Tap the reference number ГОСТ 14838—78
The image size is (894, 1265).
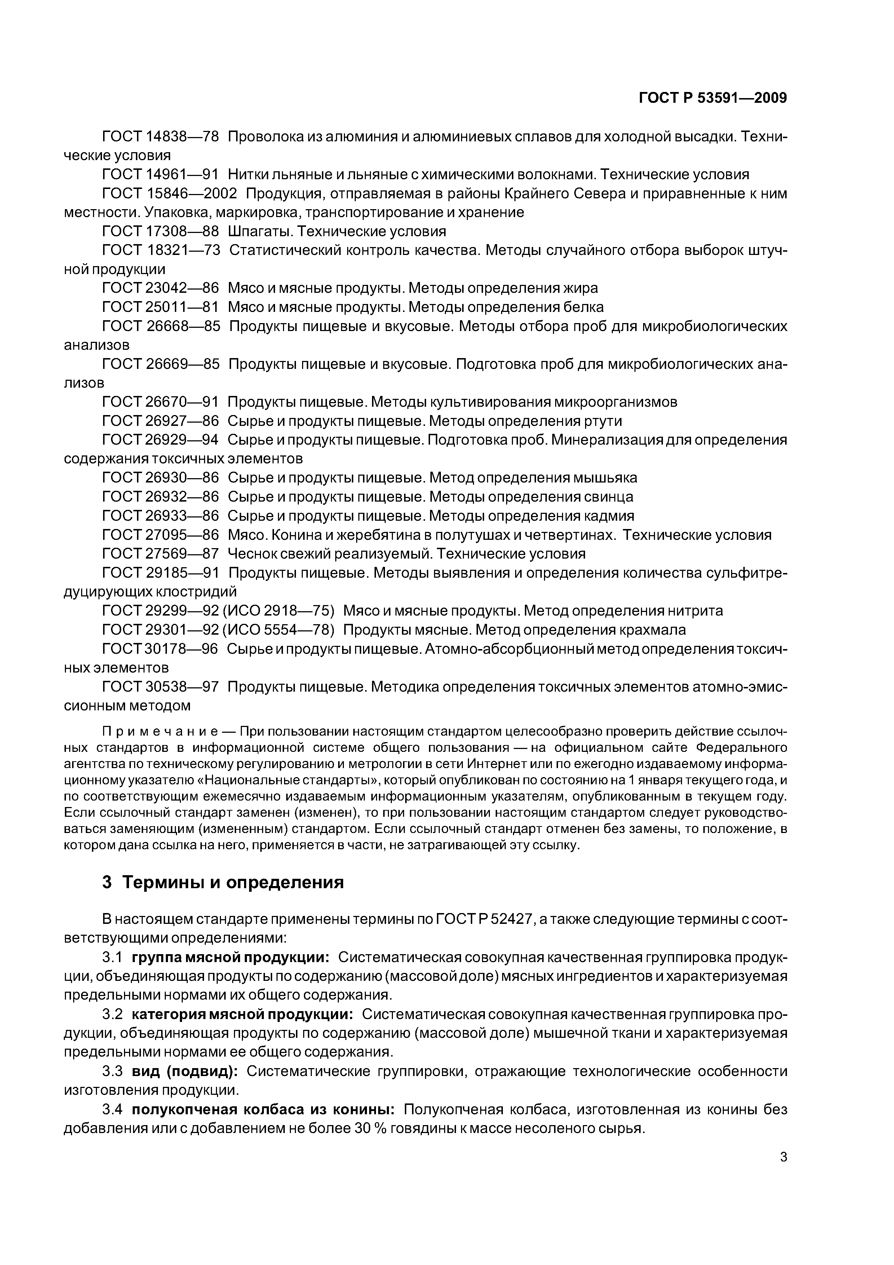click(x=160, y=136)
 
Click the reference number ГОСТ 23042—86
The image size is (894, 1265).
click(x=160, y=288)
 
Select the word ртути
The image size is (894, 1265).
click(x=602, y=421)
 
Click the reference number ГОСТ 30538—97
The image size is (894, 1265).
click(x=160, y=687)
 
